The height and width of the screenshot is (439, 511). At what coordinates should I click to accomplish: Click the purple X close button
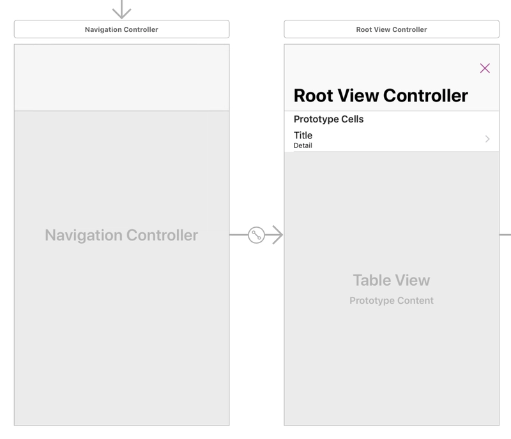pyautogui.click(x=485, y=68)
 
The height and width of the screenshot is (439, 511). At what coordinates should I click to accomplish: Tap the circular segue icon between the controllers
pyautogui.click(x=257, y=235)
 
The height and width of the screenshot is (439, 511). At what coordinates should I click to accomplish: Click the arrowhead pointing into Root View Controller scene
pyautogui.click(x=277, y=235)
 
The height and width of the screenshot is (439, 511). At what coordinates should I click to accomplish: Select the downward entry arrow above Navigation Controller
pyautogui.click(x=121, y=9)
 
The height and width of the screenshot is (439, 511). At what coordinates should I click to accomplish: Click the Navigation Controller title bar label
pyautogui.click(x=121, y=29)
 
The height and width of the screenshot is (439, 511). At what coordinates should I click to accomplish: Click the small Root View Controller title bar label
pyautogui.click(x=392, y=29)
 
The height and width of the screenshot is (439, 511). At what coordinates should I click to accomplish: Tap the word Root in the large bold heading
pyautogui.click(x=313, y=96)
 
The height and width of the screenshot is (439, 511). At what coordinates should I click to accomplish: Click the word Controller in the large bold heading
pyautogui.click(x=425, y=96)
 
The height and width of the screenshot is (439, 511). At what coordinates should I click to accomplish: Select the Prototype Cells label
pyautogui.click(x=328, y=119)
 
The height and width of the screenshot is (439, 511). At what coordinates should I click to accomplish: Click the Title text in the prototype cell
pyautogui.click(x=303, y=135)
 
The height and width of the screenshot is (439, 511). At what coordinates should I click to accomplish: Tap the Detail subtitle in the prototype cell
pyautogui.click(x=303, y=145)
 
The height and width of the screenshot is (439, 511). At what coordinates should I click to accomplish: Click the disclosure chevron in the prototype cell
pyautogui.click(x=487, y=139)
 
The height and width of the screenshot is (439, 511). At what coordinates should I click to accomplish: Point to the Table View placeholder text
pyautogui.click(x=392, y=280)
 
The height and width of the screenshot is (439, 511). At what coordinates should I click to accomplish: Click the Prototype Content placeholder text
pyautogui.click(x=392, y=301)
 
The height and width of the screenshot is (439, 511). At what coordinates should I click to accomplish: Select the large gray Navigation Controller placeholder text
pyautogui.click(x=121, y=235)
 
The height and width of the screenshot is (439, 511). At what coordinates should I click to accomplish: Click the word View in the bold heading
pyautogui.click(x=358, y=96)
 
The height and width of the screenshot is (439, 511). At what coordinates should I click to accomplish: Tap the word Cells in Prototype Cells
pyautogui.click(x=353, y=119)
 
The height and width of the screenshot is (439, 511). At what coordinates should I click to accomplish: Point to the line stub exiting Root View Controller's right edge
pyautogui.click(x=505, y=235)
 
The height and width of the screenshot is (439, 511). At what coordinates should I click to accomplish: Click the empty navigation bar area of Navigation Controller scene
pyautogui.click(x=121, y=77)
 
